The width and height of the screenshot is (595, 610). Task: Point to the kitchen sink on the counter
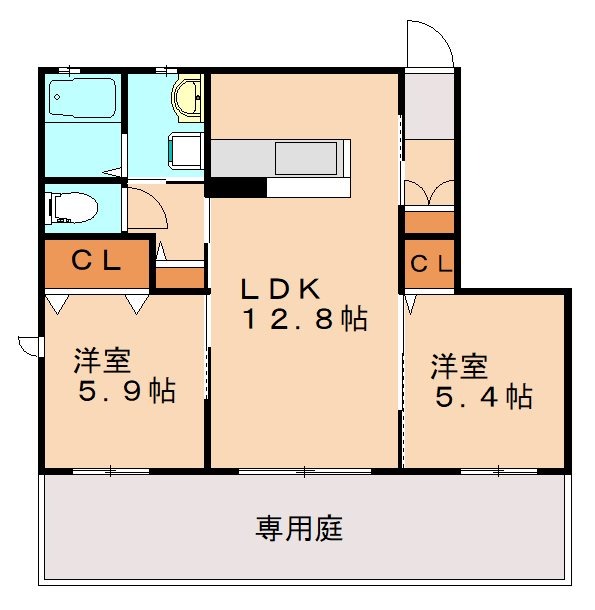(x=310, y=157)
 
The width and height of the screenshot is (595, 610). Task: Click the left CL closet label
(x=96, y=263)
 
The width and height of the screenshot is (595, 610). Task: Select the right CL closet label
(x=430, y=264)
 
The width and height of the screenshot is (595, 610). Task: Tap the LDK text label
(x=281, y=290)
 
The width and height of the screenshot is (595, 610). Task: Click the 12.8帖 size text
(x=303, y=320)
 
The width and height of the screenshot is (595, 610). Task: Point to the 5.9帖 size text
(x=127, y=391)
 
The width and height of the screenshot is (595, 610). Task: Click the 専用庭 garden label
(x=299, y=527)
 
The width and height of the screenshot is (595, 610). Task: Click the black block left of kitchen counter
(x=236, y=186)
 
